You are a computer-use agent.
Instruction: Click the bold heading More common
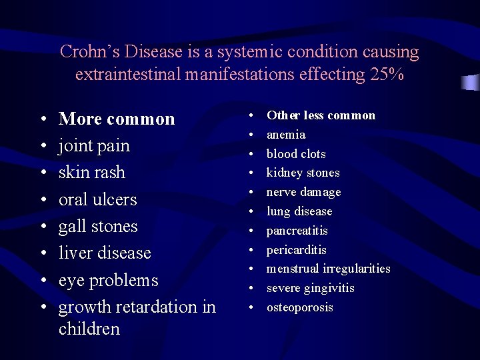pos(117,119)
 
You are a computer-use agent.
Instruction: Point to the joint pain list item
pos(94,145)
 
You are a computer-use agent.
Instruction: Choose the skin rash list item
pos(91,172)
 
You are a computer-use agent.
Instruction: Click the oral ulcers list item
pos(97,199)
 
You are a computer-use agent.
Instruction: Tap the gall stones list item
pos(98,226)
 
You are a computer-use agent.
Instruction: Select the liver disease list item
pos(105,253)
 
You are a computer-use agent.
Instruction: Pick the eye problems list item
pos(108,280)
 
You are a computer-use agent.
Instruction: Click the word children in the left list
pos(89,329)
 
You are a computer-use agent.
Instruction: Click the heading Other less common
pos(321,115)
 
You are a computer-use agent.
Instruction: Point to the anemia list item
pos(286,135)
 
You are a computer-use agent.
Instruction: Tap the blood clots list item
pos(296,154)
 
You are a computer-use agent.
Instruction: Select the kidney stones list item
pos(303,173)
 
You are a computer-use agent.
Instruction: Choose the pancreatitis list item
pos(297,231)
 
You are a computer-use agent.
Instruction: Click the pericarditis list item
pos(296,250)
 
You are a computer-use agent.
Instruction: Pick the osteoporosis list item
pos(299,307)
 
